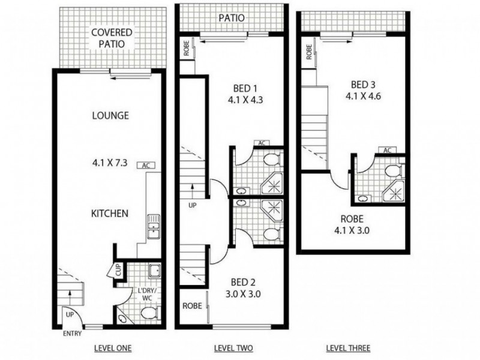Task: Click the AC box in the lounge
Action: click(145, 165)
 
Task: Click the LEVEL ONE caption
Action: click(113, 347)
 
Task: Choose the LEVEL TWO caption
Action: click(233, 347)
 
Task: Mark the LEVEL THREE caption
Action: click(347, 347)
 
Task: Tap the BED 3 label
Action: click(364, 84)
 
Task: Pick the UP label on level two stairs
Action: click(193, 205)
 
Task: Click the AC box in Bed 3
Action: click(387, 150)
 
